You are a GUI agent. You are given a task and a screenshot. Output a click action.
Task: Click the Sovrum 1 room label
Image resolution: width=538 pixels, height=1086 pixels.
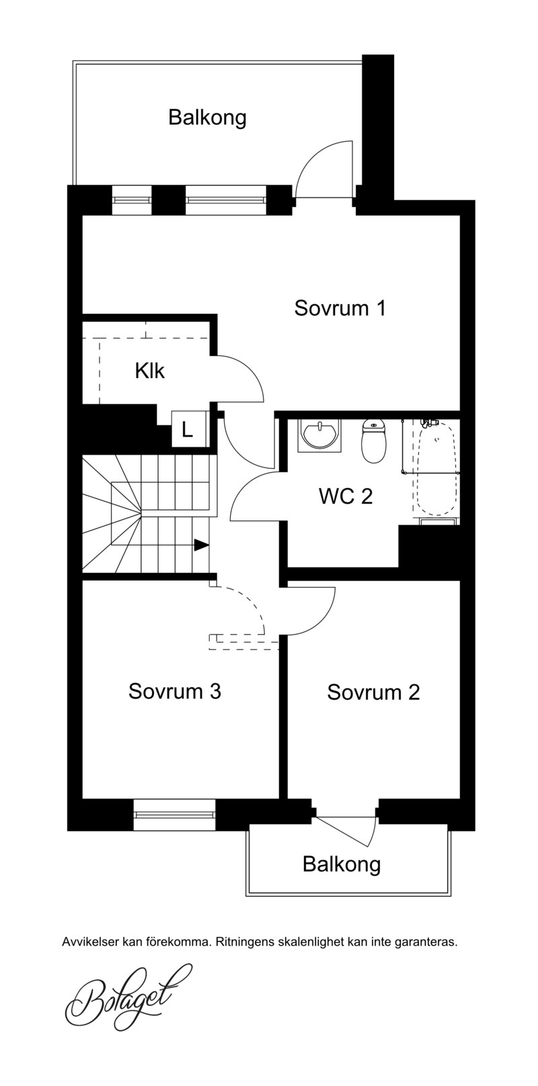(340, 308)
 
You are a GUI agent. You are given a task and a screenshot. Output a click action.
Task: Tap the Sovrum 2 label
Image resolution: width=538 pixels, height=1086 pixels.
(373, 692)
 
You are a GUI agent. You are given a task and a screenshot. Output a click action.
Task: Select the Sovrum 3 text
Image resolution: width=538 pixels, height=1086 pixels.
(175, 691)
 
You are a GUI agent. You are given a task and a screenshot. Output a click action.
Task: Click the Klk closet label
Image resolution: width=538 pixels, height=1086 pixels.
(150, 371)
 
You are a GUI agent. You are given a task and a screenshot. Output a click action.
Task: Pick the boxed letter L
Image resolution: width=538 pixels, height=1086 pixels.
(187, 429)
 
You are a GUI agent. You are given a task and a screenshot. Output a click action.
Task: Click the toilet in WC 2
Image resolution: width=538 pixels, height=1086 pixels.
(373, 440)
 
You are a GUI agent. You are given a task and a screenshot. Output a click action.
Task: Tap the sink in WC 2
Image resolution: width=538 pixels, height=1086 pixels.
(319, 435)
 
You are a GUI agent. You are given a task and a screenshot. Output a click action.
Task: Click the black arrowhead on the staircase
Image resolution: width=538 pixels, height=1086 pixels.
(202, 545)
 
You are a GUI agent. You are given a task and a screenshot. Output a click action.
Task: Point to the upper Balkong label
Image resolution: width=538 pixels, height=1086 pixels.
(207, 118)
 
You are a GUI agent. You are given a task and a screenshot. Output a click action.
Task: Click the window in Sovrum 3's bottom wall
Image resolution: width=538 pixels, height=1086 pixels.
(174, 815)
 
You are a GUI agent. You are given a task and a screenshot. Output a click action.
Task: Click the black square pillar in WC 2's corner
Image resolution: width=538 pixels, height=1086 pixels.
(429, 547)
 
